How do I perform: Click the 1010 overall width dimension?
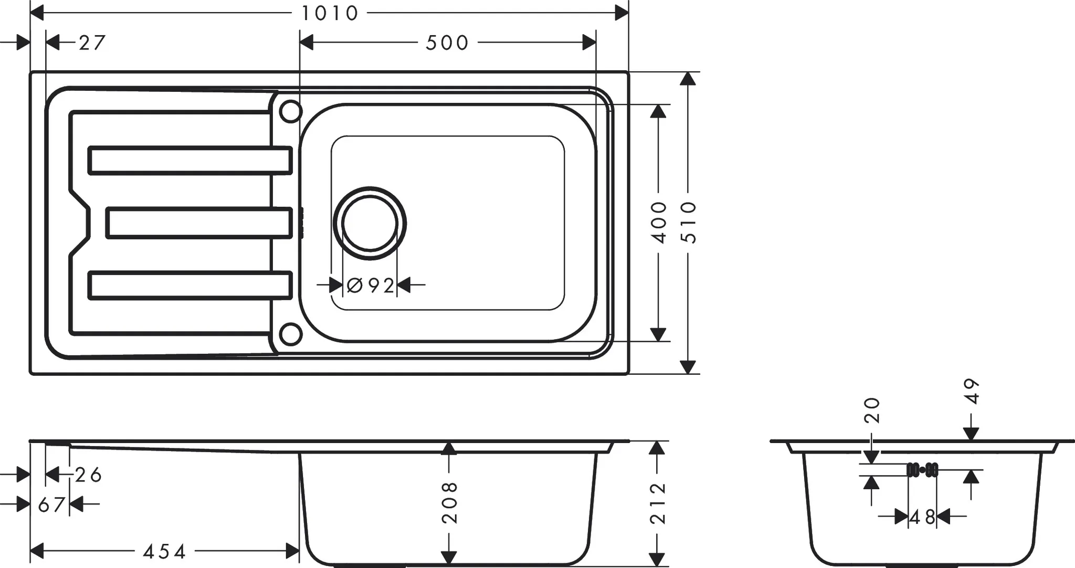[x=329, y=13]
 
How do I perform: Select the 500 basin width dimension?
[x=447, y=43]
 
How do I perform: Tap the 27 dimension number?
[x=92, y=43]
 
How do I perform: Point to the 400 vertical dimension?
[x=659, y=222]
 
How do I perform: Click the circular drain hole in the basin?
[x=370, y=223]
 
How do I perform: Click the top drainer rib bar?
[x=189, y=160]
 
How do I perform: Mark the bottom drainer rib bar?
[x=189, y=285]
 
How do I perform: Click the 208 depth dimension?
[x=449, y=502]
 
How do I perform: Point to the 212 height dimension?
[x=657, y=503]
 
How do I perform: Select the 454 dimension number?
[x=165, y=552]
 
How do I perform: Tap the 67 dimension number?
[x=51, y=505]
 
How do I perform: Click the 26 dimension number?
[x=88, y=475]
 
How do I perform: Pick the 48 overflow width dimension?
[x=922, y=518]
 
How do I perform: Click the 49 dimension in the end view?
[x=972, y=391]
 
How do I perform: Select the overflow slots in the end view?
[x=922, y=470]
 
